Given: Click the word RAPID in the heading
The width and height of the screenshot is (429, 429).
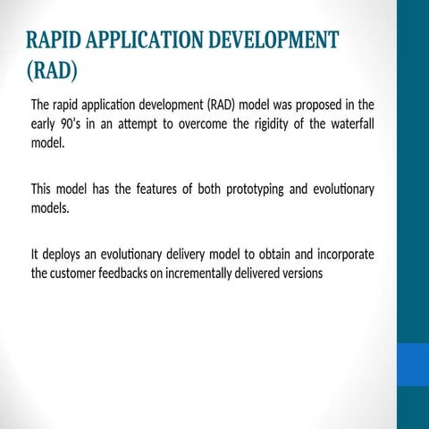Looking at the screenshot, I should point(55,40).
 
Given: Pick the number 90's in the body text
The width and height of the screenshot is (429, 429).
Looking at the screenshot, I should point(75,123).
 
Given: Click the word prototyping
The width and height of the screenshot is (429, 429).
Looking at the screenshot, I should point(257,189).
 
